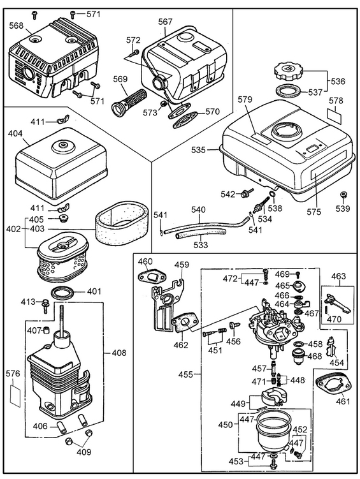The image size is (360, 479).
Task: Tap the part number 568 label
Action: coord(17,26)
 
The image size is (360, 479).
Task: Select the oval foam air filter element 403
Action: coord(122,219)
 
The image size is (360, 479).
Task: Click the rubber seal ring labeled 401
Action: coord(64,294)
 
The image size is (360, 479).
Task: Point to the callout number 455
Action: coord(186,374)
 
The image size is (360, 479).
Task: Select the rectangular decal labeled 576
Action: coord(15,395)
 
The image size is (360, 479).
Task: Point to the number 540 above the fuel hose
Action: coord(199,210)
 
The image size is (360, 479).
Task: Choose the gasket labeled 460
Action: coord(151,277)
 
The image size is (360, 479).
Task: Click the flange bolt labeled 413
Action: coord(45,306)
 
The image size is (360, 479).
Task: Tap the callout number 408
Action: coord(119,353)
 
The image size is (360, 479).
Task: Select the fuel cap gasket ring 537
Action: coord(288,91)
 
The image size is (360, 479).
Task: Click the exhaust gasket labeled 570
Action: coord(184,121)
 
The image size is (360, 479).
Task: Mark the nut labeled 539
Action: coord(344,195)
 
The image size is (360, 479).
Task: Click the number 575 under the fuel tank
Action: coord(315,212)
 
